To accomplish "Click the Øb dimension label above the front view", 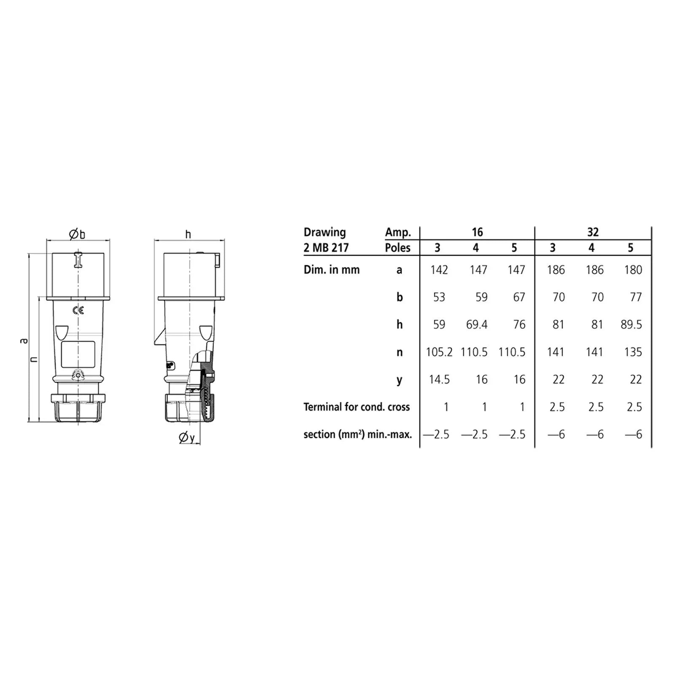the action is (x=77, y=234).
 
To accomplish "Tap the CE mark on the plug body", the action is (x=78, y=310).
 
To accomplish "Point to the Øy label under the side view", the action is (x=187, y=437).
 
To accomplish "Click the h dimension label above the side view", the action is (x=188, y=234).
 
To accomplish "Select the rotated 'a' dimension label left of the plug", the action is (x=24, y=340).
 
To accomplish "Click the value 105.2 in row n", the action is (x=439, y=352).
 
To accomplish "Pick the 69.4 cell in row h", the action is (x=477, y=324).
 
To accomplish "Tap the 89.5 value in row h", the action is (x=631, y=324).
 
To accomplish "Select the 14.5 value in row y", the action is (x=439, y=379).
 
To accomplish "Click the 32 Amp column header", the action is (x=593, y=232).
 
